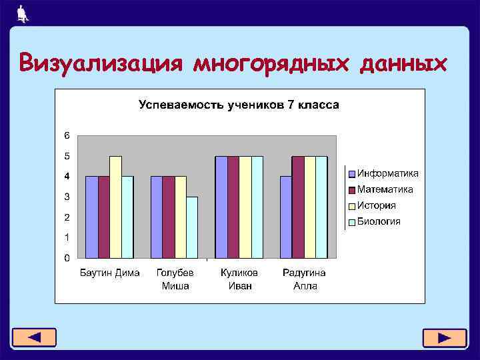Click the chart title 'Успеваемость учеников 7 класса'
(239, 105)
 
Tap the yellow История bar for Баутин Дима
(115, 207)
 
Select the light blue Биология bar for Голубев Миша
(192, 227)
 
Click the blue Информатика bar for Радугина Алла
(286, 217)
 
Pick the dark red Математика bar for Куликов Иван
(233, 207)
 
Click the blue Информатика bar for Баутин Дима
(92, 217)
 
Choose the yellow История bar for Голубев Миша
(180, 217)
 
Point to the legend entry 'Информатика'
(388, 173)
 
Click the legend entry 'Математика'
(385, 189)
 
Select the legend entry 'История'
(377, 205)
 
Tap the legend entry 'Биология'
(379, 221)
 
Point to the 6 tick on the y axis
(67, 135)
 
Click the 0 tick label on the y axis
(67, 257)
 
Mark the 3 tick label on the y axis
(67, 197)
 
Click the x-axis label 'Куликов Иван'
(239, 279)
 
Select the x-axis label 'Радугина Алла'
(304, 279)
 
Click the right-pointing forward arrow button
(444, 338)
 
